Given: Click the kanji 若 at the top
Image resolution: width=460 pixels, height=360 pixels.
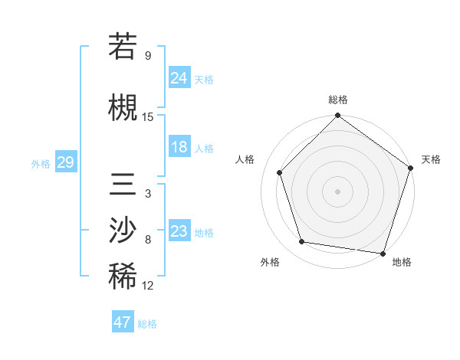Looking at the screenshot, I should point(123,47).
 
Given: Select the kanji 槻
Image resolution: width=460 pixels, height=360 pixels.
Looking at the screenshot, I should point(123,107).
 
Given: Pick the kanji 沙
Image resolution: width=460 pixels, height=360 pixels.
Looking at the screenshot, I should point(123,230).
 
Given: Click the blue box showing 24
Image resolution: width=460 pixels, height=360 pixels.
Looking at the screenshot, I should point(179,78).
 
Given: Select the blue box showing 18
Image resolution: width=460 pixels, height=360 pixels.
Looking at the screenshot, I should point(179,147).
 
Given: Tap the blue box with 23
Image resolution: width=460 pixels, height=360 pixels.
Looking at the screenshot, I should point(179,231).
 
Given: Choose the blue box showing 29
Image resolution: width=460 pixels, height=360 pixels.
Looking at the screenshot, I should point(65,162).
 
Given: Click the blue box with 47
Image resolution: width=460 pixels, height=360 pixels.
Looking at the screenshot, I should point(123,322).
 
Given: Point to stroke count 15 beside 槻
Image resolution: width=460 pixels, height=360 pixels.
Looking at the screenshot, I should point(148,117).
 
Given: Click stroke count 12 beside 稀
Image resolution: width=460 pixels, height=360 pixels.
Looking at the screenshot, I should point(148,286).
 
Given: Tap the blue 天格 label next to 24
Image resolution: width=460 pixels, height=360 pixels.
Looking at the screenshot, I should point(204,80).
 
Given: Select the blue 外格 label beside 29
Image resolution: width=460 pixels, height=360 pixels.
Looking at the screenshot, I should point(41,163).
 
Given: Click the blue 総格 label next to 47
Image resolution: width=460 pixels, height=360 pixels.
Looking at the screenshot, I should point(147,324).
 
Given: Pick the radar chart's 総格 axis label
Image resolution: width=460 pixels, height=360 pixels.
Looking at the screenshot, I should point(338,100).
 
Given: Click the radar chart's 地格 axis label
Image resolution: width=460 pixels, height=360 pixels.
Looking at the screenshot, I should point(402,262).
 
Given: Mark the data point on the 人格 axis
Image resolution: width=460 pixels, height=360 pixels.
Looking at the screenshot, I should point(280,173).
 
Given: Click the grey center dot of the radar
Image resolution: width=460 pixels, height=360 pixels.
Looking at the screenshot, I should point(338,191).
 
